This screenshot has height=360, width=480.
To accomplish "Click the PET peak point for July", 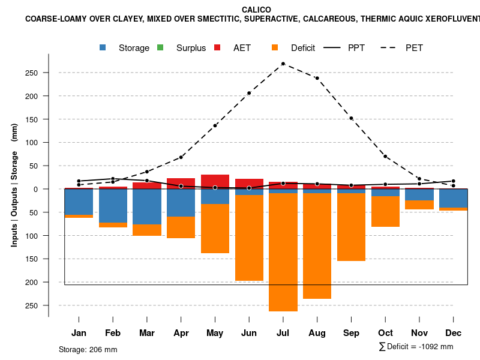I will coord(283,64).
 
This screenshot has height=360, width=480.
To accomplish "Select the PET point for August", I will coord(317,78).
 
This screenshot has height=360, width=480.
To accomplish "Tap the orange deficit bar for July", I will coord(283,252).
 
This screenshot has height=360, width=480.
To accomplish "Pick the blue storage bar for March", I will coord(147,206).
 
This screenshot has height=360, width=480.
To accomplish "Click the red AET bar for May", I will coord(215,181).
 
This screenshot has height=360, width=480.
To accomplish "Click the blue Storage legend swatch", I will coord(103,47).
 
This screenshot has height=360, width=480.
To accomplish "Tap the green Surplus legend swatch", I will coord(160,47).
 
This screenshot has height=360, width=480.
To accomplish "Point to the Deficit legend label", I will coord(303,48).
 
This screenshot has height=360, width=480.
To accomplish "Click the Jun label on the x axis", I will coord(249,333).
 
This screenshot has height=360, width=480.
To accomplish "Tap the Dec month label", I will coord(454,333).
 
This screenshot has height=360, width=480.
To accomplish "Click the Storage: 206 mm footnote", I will coord(88,349).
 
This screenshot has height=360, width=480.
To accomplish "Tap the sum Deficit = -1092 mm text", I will coord(416,347).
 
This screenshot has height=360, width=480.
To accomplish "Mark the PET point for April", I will coord(181,157).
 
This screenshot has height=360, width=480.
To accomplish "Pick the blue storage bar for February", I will coord(113,206).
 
